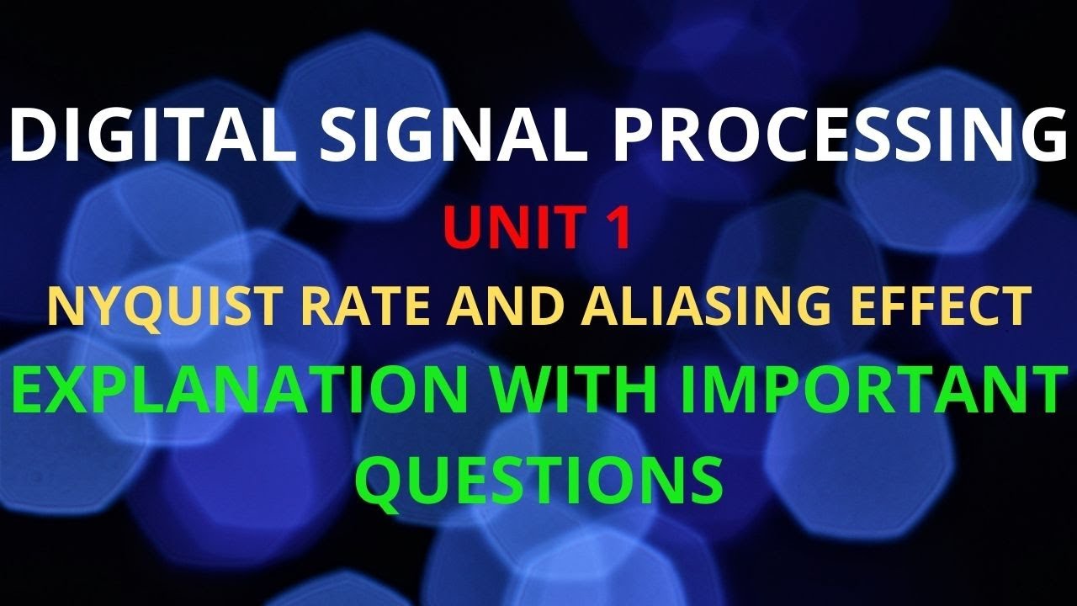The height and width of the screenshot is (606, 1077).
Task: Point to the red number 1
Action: tap(620, 230)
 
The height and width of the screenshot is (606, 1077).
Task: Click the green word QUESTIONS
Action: tap(538, 478)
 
